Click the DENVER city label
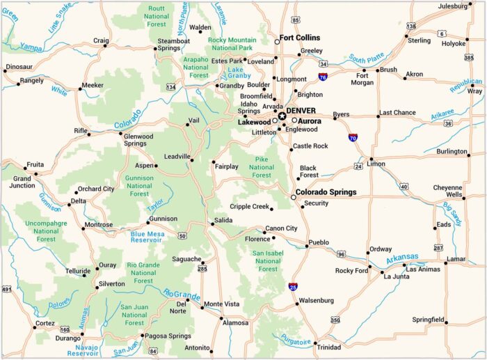301,111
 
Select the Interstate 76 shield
324,77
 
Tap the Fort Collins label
299,38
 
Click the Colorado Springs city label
326,192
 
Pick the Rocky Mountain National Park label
232,44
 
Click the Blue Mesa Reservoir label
147,238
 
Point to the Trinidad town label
329,347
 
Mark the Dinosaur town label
19,67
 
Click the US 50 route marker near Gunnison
182,236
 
